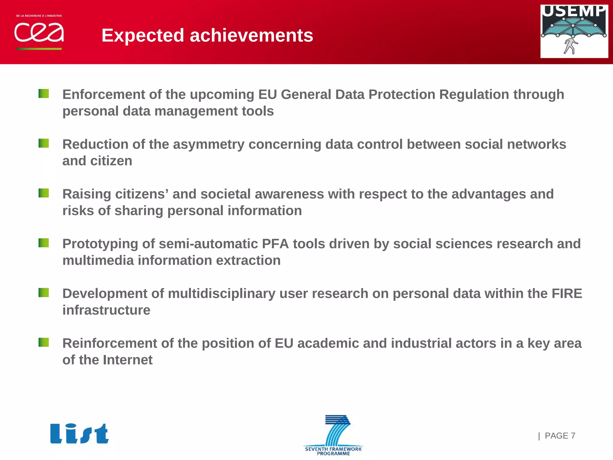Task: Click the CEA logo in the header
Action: click(39, 32)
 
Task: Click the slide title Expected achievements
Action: click(207, 35)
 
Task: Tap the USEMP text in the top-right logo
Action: click(574, 11)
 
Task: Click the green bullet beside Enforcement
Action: click(44, 94)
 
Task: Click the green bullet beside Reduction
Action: click(44, 143)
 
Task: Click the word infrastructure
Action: click(106, 310)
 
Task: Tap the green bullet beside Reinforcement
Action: click(44, 342)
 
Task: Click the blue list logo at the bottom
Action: click(79, 434)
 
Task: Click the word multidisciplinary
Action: click(221, 294)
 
